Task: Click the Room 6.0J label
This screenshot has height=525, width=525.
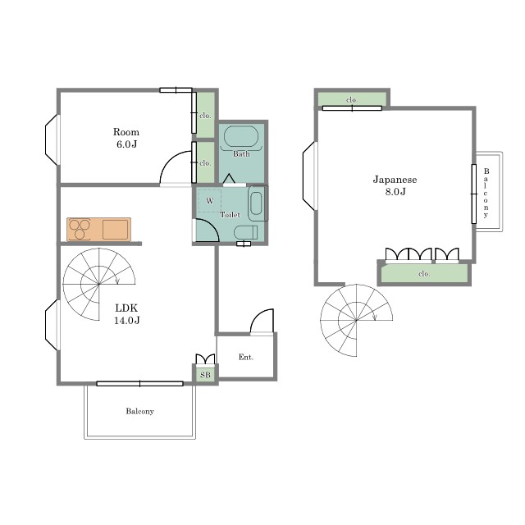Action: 126,138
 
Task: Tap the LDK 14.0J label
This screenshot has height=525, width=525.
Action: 126,313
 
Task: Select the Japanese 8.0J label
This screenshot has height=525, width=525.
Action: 395,185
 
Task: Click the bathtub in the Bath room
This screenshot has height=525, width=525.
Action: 240,137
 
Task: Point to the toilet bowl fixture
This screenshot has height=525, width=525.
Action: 245,233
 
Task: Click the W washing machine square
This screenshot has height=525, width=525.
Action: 210,200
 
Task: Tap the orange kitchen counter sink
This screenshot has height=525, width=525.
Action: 115,230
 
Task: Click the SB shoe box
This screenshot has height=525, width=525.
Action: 205,375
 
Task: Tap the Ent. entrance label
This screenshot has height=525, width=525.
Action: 246,358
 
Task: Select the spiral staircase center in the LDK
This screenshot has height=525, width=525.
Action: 98,285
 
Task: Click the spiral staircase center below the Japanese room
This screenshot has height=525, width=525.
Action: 356,321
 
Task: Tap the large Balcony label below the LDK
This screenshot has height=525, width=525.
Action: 140,411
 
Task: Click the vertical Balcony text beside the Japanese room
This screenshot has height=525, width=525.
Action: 486,194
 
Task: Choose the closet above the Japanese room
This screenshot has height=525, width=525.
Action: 352,99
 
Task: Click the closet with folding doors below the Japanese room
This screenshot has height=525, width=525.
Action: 424,273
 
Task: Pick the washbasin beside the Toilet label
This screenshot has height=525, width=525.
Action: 256,203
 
